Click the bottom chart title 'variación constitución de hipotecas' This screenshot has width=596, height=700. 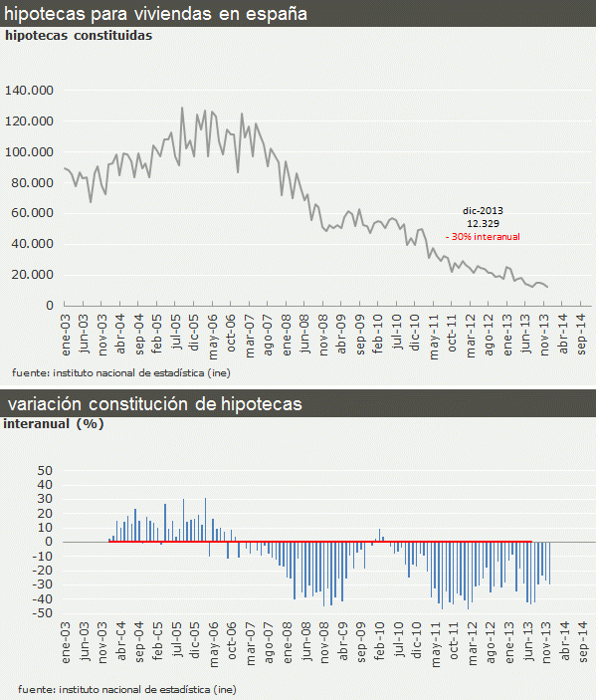155,404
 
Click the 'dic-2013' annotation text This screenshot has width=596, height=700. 484,211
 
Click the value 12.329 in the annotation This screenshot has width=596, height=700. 484,224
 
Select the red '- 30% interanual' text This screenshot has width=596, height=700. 484,237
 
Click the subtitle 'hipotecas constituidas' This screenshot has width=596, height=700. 79,35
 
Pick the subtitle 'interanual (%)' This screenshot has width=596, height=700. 55,423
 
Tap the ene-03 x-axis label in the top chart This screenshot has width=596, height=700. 67,328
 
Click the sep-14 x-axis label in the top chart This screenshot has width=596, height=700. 581,328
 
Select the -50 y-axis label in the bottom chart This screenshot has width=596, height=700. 41,613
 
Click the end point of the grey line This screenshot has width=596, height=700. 547,287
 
